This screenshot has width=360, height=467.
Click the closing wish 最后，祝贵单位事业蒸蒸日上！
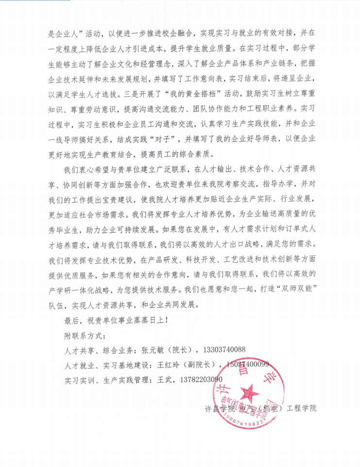117,321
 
